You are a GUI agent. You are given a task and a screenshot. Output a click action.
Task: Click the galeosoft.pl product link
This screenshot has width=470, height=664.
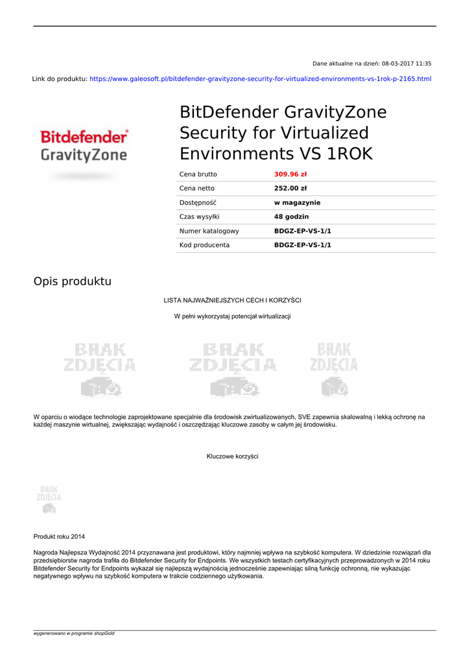coord(260,79)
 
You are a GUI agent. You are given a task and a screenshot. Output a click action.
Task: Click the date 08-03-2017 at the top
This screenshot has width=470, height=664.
coord(398,64)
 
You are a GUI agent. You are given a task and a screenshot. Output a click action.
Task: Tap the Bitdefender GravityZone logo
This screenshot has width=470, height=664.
coord(84,147)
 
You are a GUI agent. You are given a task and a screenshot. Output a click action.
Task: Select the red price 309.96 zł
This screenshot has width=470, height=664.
coord(290,174)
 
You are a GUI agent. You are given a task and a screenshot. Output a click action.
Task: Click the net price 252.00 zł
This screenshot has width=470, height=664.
coord(290,189)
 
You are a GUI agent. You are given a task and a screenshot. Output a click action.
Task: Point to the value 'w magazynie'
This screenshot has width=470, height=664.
coord(297,203)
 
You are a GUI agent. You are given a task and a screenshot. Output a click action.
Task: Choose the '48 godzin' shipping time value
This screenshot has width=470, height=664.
coord(292,217)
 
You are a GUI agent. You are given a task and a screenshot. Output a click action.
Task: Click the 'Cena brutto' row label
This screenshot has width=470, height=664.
coord(198,174)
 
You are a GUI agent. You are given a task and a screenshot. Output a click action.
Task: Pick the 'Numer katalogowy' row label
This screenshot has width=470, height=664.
coord(209,231)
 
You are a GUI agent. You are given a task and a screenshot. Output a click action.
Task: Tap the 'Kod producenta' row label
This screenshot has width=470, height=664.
coord(204,246)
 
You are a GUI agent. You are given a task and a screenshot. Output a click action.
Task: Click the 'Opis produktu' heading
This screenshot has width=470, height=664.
coord(73,281)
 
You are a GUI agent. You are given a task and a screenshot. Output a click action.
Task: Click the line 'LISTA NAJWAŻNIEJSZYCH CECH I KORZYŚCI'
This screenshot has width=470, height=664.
coord(233,300)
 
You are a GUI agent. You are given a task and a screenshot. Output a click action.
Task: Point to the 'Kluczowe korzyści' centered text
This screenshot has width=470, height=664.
coord(233,456)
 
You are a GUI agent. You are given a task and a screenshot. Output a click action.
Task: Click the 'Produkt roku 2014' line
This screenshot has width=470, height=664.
coord(59,537)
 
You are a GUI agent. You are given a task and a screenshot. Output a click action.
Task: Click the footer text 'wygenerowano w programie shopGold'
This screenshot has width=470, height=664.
coord(74,634)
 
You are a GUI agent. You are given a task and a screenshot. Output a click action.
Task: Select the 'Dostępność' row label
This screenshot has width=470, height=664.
coord(198,203)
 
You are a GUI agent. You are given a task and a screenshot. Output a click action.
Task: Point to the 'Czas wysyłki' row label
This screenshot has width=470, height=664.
coord(200,217)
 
